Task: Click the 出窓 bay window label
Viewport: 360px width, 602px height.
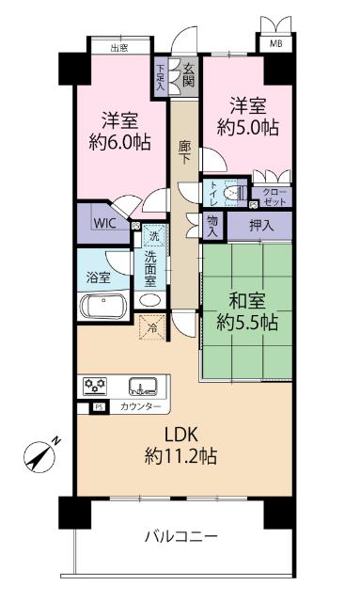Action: click(119, 47)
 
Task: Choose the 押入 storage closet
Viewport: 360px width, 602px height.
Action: click(261, 226)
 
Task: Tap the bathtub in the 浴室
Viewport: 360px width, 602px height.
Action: click(105, 307)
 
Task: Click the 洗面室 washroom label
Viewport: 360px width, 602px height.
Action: click(151, 269)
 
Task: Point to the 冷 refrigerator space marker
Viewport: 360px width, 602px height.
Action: click(151, 326)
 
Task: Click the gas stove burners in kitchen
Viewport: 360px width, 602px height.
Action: click(96, 386)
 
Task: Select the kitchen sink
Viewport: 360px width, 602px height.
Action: click(143, 386)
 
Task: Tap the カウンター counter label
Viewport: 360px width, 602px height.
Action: click(140, 406)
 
